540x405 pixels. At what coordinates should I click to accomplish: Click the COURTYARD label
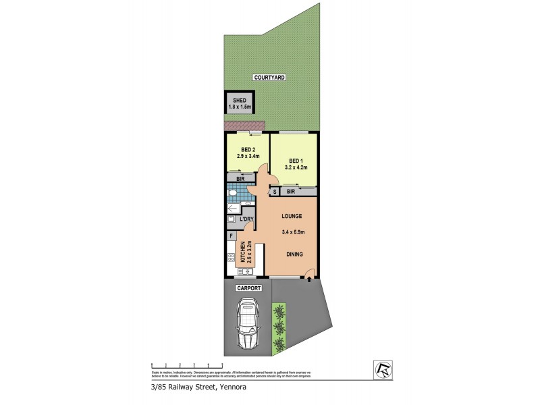[x=270, y=78]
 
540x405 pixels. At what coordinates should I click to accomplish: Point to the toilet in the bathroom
[x=232, y=194]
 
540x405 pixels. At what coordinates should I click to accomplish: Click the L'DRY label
[x=246, y=219]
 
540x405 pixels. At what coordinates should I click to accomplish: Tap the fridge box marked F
[x=231, y=236]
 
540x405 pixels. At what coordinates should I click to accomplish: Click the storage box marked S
[x=275, y=192]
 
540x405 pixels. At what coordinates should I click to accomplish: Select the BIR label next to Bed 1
[x=291, y=192]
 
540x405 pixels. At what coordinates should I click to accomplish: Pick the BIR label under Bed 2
[x=240, y=178]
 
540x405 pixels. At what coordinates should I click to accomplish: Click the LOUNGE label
[x=292, y=216]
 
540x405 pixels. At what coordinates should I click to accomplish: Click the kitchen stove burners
[x=231, y=257]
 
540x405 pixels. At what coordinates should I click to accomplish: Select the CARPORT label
[x=248, y=288]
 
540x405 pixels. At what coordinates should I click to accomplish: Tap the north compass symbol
[x=382, y=369]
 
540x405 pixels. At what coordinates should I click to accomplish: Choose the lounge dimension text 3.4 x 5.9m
[x=293, y=232]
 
